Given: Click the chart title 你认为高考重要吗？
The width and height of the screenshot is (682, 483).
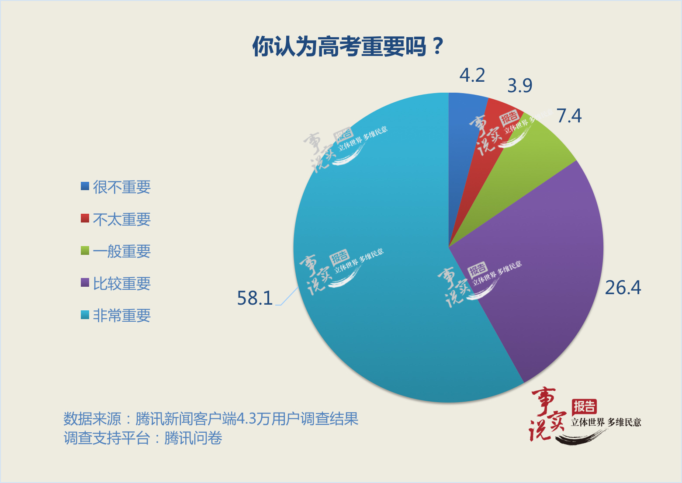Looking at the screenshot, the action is pos(348,46).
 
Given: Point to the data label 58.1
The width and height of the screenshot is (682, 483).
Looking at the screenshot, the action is pos(255,298).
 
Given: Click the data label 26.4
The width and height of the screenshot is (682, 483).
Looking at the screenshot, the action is pos(623,288).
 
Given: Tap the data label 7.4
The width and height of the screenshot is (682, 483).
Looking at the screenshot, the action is pos(569,116).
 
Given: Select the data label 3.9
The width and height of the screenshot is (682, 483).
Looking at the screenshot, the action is pos(520,86).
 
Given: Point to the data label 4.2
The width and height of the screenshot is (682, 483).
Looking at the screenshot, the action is pos(472,75).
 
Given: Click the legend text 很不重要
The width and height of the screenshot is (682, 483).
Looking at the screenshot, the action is pos(122,187).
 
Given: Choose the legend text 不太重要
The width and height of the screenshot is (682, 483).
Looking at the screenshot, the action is pos(122,219).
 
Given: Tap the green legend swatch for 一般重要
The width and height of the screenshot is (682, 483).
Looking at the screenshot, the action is pos(85,250).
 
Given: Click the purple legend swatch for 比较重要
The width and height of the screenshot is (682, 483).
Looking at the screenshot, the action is pos(85,282).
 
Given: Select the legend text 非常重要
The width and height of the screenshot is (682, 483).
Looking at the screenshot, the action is pos(122,315).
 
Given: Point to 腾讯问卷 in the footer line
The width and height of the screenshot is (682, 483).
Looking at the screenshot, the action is pos(193,438).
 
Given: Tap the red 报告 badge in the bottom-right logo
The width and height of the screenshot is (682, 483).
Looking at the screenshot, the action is pos(584,407).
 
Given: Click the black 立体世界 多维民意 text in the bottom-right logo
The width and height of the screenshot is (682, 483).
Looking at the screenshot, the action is pos(606,422).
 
